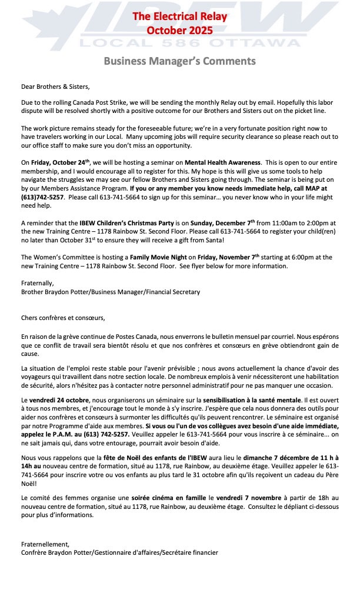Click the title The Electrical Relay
(x=179, y=16)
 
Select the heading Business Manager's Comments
(x=179, y=61)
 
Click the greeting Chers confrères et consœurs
(x=63, y=318)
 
